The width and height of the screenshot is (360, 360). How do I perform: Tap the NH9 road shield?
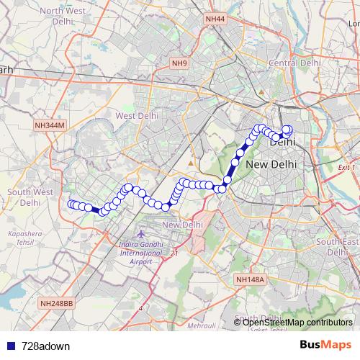coord(179,64)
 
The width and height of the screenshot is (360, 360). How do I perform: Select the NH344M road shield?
coord(50,125)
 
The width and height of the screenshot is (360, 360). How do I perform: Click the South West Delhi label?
coord(29,197)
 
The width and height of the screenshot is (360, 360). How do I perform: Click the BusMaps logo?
coord(325,345)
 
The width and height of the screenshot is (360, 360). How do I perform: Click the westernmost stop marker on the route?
coord(71,204)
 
